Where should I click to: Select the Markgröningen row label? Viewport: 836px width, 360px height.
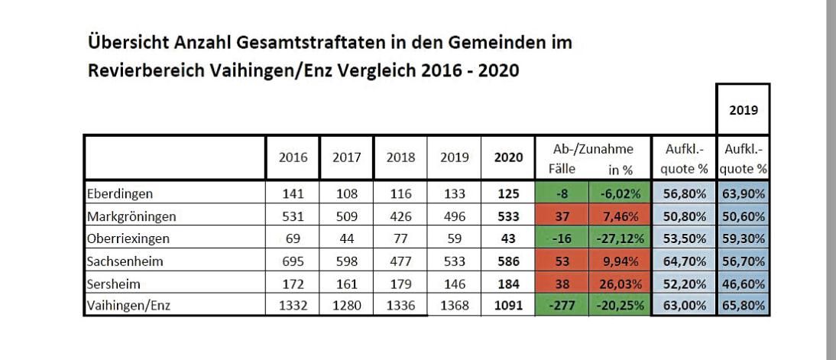[x=131, y=216]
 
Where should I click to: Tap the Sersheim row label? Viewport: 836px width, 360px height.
[x=114, y=284]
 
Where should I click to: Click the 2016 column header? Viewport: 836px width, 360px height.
[x=293, y=157]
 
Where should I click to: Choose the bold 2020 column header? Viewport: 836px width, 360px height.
[x=509, y=157]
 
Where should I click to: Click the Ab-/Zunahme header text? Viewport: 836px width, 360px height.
[x=593, y=149]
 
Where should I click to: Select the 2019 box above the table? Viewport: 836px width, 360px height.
[x=744, y=109]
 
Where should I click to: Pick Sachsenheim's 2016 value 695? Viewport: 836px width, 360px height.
[x=293, y=261]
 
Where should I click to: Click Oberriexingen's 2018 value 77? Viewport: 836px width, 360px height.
[x=401, y=238]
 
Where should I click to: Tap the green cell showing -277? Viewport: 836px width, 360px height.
[x=562, y=306]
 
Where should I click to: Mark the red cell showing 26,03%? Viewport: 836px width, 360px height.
[x=620, y=284]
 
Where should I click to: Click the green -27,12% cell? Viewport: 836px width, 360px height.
[x=620, y=238]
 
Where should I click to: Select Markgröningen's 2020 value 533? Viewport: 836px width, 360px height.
[x=509, y=216]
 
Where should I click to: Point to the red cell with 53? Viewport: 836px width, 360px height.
[x=562, y=261]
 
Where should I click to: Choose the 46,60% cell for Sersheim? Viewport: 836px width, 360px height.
[x=744, y=284]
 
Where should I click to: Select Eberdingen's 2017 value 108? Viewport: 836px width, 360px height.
[x=347, y=193]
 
